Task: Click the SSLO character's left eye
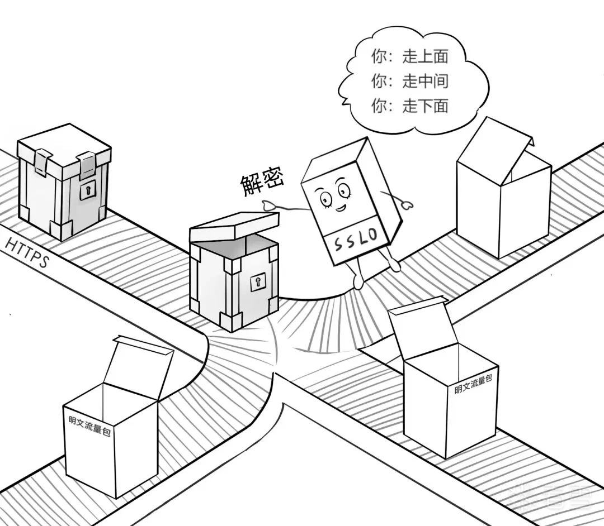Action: (x=324, y=197)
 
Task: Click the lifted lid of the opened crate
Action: (x=234, y=226)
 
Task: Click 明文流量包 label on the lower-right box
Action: (x=473, y=385)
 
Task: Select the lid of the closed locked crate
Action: (x=63, y=149)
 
